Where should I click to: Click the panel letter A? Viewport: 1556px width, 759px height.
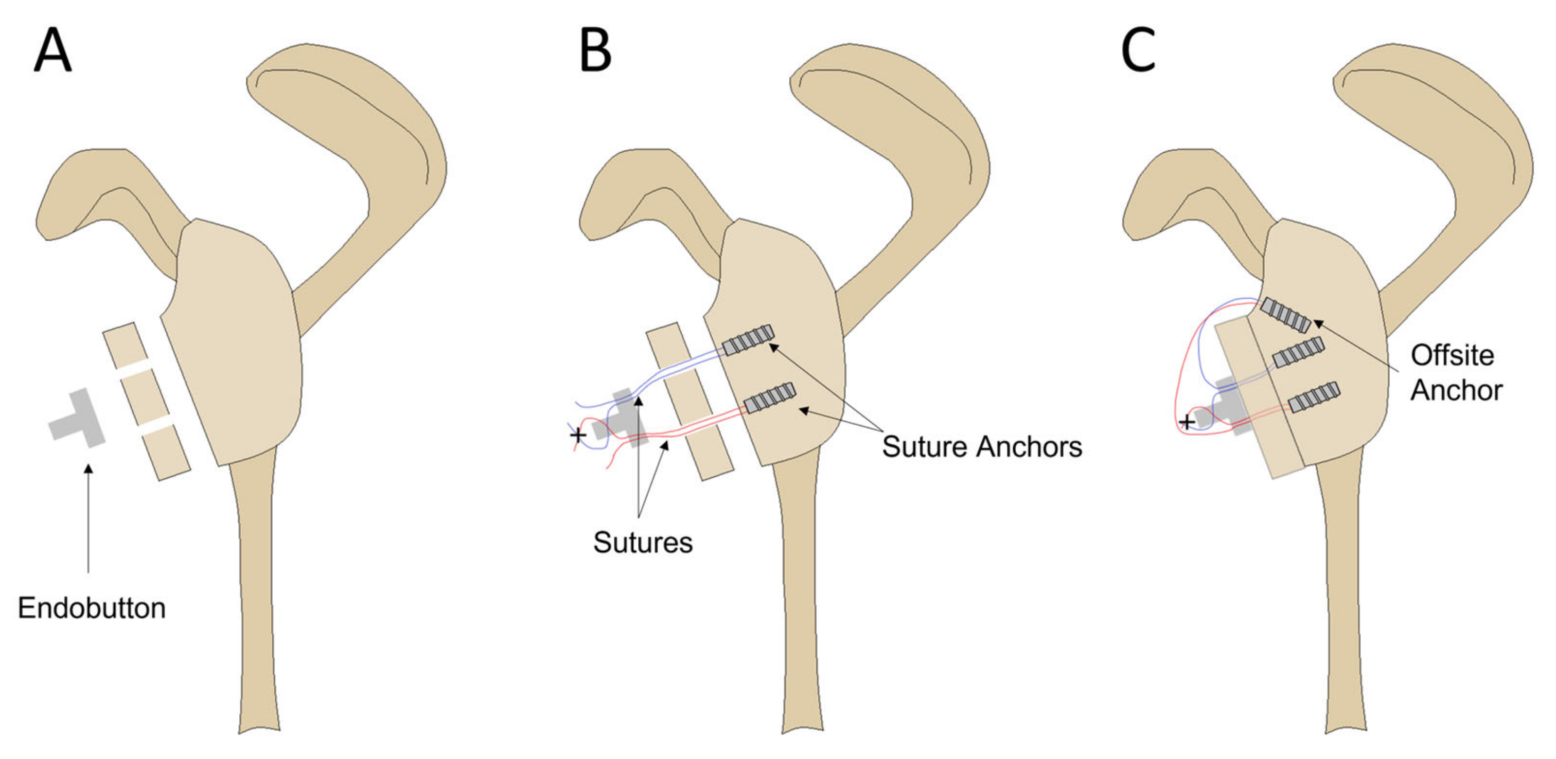point(53,51)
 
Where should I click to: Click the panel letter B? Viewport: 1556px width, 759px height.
point(595,51)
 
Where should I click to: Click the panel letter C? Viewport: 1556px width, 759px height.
point(1138,51)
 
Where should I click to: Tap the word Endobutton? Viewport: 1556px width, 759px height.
point(92,608)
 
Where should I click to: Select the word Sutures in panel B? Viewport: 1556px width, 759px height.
point(643,542)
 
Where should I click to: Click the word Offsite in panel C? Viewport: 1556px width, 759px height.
point(1452,356)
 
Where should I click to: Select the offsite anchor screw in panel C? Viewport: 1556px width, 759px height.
point(1285,315)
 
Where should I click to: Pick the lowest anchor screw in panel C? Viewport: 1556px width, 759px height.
point(1314,396)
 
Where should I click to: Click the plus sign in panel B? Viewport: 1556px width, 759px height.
point(578,435)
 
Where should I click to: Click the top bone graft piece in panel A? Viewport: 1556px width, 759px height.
point(125,346)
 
